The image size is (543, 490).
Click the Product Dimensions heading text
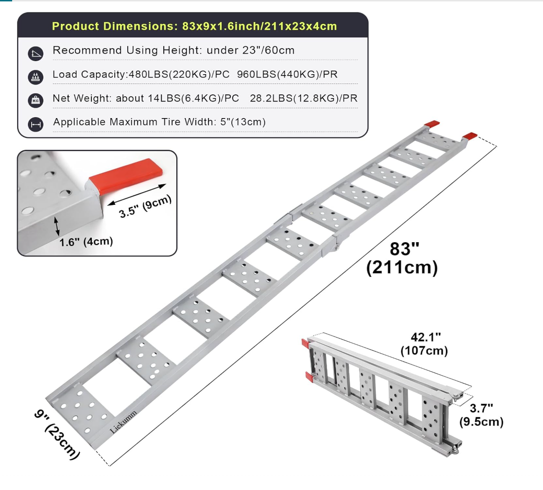[194, 26]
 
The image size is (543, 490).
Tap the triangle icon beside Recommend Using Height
[35, 54]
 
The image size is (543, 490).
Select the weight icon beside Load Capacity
[35, 77]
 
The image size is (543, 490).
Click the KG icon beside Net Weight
[35, 100]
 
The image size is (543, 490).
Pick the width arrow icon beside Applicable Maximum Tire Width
[35, 125]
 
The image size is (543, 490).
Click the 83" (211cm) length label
[403, 258]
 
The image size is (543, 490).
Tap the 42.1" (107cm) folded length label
[425, 344]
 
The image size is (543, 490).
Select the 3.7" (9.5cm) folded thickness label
[481, 415]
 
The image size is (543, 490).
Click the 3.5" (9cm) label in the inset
[145, 207]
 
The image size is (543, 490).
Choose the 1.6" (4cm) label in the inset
[86, 242]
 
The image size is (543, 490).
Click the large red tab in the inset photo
[125, 175]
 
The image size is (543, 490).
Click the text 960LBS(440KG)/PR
[287, 75]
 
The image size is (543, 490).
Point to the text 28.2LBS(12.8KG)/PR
[303, 98]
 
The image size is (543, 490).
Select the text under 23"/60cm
[251, 50]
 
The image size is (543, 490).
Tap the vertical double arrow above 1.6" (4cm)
[57, 226]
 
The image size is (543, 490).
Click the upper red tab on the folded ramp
[305, 343]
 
